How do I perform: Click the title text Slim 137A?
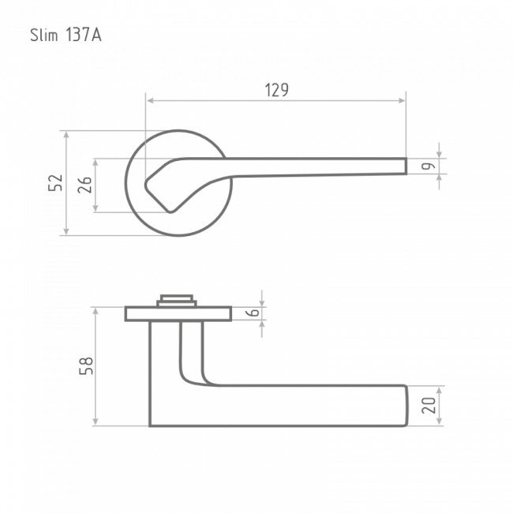[66, 35]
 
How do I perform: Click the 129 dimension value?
[276, 90]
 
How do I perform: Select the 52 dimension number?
[55, 183]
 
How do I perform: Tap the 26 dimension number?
[84, 185]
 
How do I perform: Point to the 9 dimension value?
[429, 167]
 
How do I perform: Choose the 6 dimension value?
[254, 313]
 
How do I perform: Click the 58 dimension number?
[86, 366]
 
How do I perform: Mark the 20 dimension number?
[429, 406]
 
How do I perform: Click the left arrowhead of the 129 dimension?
[150, 100]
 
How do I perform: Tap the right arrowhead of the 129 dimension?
[402, 100]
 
